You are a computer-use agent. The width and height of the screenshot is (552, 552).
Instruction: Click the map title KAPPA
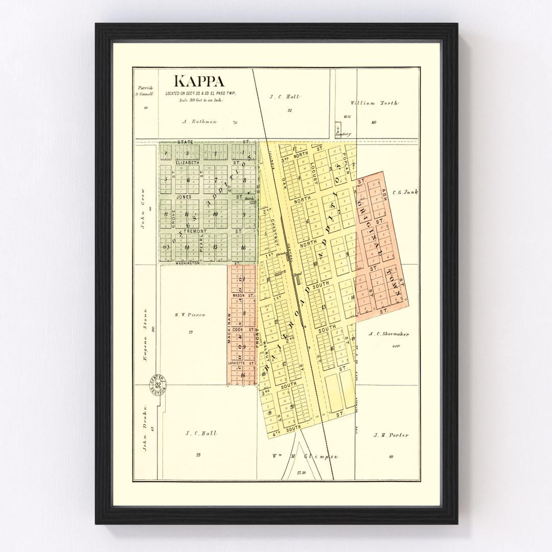(x=199, y=81)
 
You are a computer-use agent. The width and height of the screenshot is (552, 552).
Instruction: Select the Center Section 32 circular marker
(x=157, y=384)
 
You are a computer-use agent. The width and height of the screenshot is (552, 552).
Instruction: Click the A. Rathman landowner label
(x=200, y=122)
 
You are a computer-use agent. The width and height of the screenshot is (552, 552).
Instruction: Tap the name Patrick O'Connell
(x=145, y=90)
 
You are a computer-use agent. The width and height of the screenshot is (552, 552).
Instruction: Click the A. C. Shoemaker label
(x=389, y=334)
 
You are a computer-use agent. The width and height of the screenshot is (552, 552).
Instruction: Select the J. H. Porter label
(x=390, y=435)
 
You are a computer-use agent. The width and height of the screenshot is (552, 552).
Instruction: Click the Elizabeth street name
(x=187, y=163)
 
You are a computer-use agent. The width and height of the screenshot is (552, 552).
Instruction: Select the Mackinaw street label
(x=229, y=327)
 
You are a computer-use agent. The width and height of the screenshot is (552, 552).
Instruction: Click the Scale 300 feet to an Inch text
(x=200, y=100)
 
